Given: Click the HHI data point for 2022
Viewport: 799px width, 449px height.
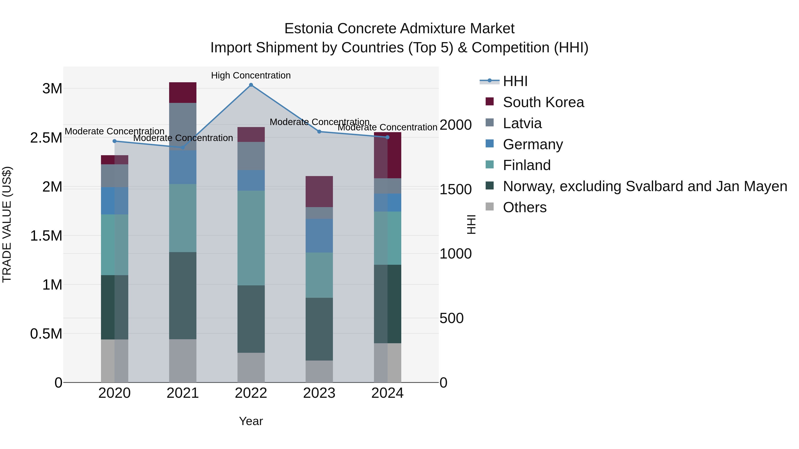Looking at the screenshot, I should [x=251, y=85].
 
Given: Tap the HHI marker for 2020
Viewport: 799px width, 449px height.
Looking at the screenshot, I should [x=115, y=141].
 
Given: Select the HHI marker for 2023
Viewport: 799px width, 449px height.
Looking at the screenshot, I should [x=319, y=132].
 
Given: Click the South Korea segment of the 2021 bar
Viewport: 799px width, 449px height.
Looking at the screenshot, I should [x=183, y=92].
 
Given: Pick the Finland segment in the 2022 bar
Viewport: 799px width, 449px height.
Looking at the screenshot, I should [x=251, y=238].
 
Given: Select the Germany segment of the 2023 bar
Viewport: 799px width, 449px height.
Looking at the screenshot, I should [x=319, y=235].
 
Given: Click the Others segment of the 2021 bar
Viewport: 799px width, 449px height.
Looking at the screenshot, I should [x=183, y=361].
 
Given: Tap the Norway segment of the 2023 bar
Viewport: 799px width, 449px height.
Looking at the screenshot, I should [x=319, y=329].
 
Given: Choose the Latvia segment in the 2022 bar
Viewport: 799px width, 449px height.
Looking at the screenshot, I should [x=251, y=156].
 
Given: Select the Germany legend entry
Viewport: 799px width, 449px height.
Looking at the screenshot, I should [x=533, y=144].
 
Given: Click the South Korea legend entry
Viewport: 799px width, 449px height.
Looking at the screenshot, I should [x=543, y=102].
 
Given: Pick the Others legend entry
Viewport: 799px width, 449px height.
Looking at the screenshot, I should [x=524, y=207].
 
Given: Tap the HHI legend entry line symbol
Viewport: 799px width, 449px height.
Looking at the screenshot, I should [x=489, y=81].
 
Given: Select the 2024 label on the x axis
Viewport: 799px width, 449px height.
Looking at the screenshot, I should [x=387, y=393].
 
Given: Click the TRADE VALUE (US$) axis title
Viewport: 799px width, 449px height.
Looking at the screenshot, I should [x=7, y=224].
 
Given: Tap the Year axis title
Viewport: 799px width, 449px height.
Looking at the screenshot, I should [x=251, y=421].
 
